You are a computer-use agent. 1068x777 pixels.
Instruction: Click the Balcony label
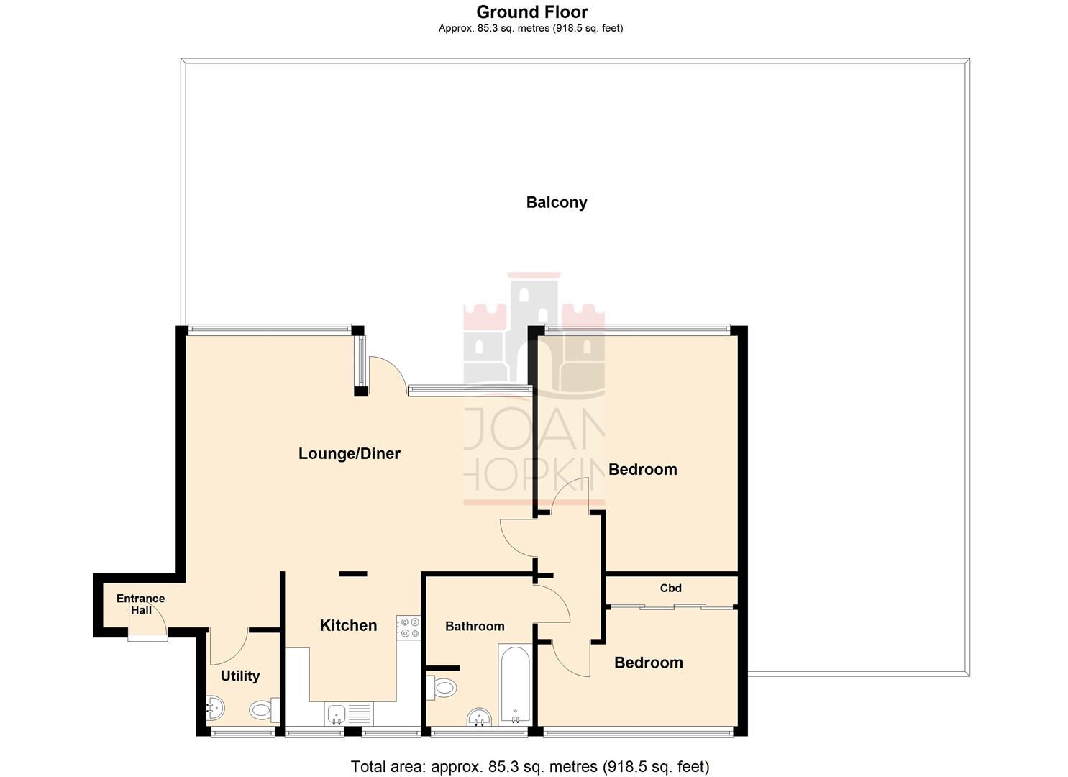(556, 202)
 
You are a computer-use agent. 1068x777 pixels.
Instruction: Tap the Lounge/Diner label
(349, 453)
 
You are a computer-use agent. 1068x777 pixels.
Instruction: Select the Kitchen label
(348, 625)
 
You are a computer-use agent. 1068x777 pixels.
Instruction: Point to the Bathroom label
(475, 626)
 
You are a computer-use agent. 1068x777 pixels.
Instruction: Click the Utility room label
(239, 676)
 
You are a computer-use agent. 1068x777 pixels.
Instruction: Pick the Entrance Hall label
(141, 604)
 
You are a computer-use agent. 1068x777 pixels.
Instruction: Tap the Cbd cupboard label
(670, 588)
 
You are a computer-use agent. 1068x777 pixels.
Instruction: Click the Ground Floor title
(531, 12)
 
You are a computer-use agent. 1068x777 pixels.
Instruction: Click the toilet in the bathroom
(442, 687)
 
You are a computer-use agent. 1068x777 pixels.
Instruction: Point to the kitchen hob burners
(409, 627)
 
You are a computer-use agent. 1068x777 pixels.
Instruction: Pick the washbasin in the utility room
(214, 710)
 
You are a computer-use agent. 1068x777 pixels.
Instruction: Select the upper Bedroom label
(642, 470)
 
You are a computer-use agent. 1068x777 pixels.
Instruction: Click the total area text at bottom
(530, 766)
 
